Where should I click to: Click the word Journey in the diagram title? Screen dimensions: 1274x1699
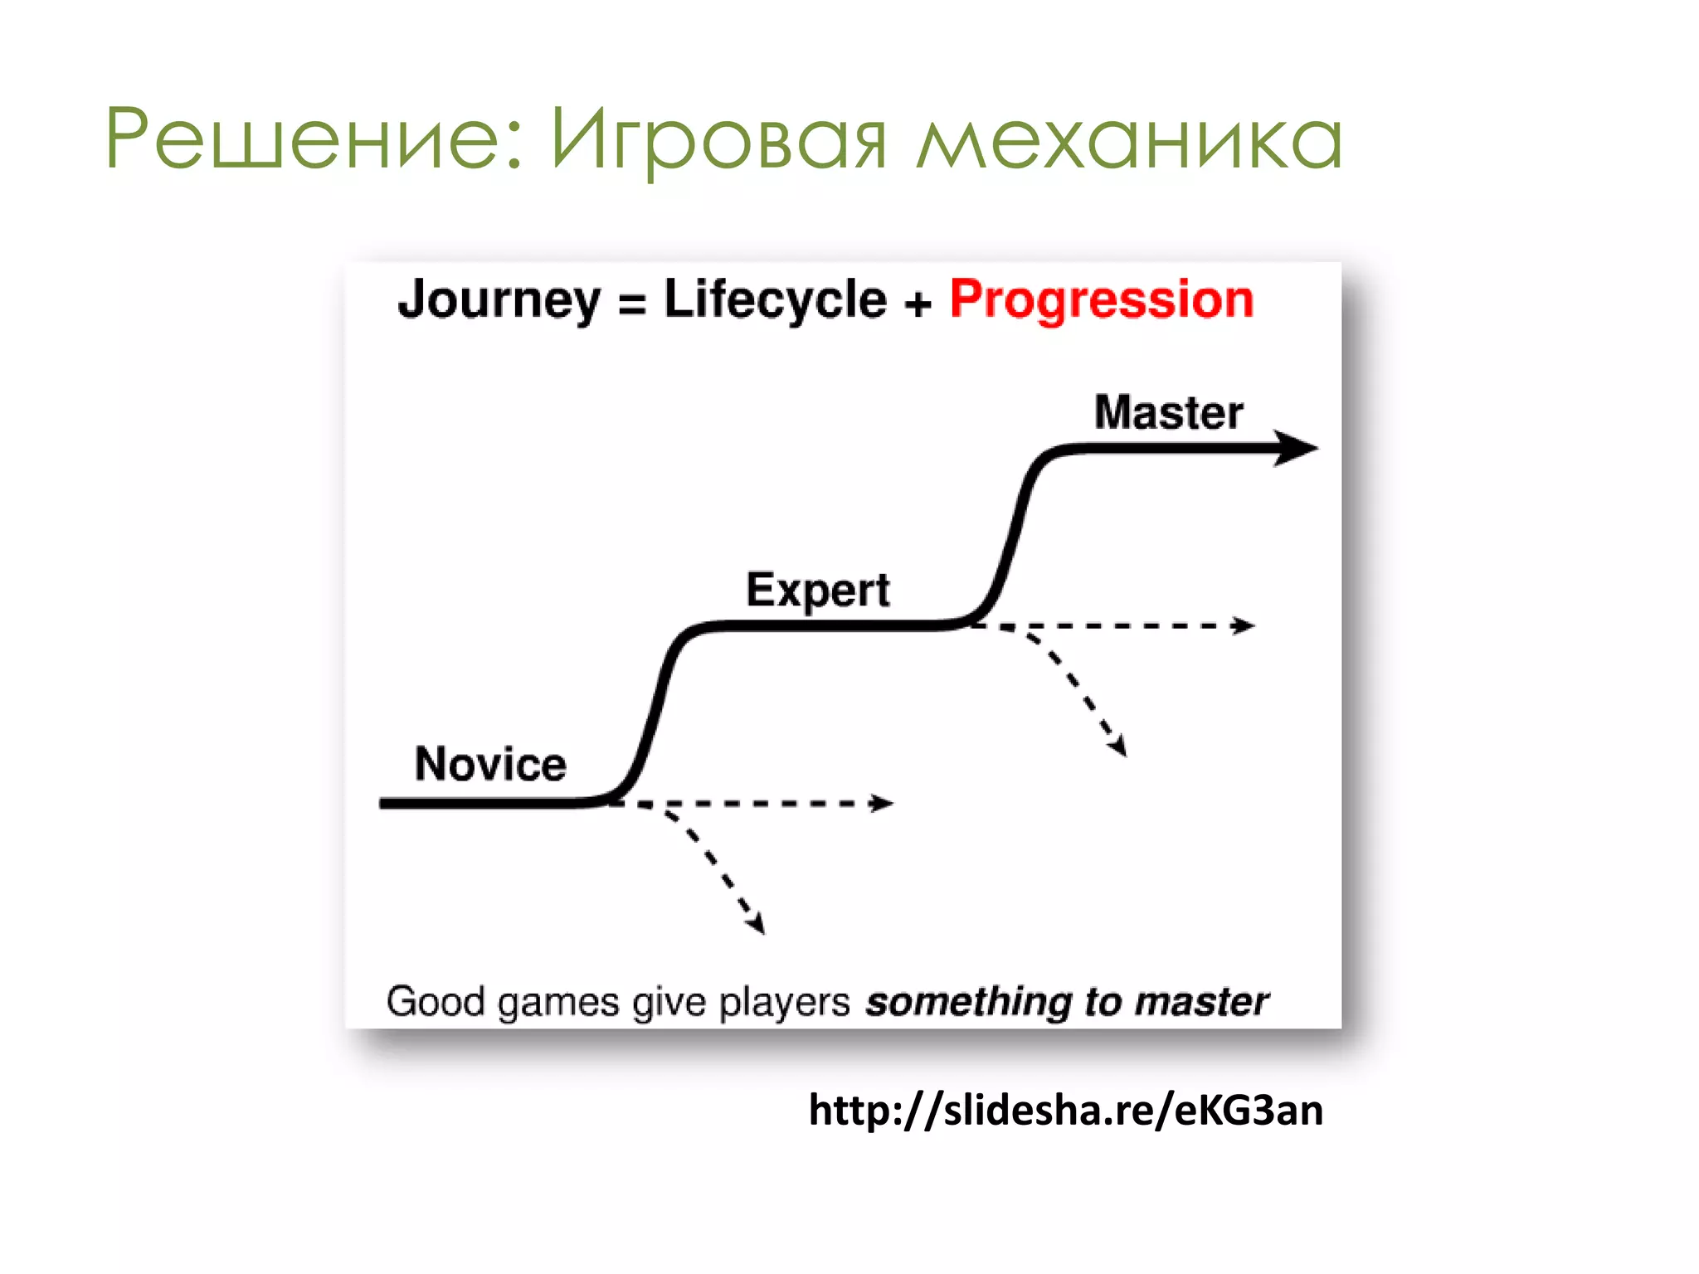(x=499, y=300)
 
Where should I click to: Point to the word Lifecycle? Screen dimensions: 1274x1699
(x=775, y=300)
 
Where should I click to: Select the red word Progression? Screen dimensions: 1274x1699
(x=1102, y=299)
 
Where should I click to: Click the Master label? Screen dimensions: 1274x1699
(x=1168, y=412)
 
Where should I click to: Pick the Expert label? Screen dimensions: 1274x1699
(x=818, y=591)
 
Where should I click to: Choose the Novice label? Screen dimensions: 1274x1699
(x=490, y=764)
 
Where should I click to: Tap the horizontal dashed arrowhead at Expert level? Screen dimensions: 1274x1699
(x=1244, y=625)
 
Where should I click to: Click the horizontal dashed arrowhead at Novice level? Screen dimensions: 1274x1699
(x=882, y=803)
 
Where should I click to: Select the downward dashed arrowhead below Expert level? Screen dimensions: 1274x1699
(x=1118, y=745)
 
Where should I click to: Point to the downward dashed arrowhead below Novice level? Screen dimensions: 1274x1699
(x=756, y=923)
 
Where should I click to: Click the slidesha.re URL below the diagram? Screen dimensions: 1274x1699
(x=1065, y=1110)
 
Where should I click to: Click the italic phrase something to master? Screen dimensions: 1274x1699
(x=1067, y=1002)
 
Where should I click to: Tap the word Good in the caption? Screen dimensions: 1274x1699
(x=435, y=1002)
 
